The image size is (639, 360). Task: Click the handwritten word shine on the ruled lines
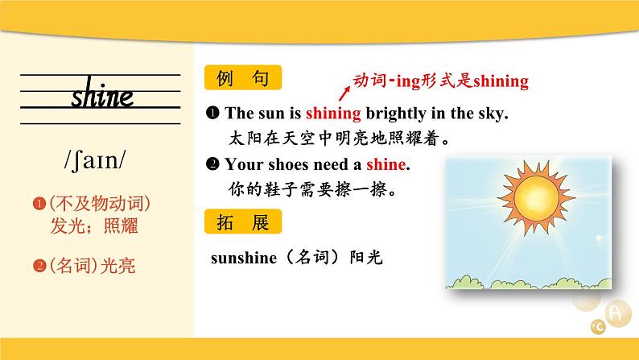pyautogui.click(x=102, y=93)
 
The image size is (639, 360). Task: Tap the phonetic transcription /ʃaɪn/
pyautogui.click(x=95, y=159)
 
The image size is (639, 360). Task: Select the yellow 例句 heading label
pyautogui.click(x=243, y=77)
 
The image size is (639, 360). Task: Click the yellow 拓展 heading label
pyautogui.click(x=243, y=221)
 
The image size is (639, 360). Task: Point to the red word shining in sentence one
pyautogui.click(x=333, y=114)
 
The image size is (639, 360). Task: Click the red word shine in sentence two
pyautogui.click(x=386, y=164)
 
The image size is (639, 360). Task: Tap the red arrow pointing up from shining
pyautogui.click(x=344, y=93)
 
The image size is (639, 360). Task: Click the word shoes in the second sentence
pyautogui.click(x=289, y=164)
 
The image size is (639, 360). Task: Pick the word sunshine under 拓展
pyautogui.click(x=244, y=258)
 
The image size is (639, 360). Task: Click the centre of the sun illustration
pyautogui.click(x=536, y=198)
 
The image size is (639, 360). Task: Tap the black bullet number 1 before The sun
pyautogui.click(x=212, y=113)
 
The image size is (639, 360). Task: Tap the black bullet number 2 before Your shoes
pyautogui.click(x=212, y=163)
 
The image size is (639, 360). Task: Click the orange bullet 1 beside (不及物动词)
pyautogui.click(x=39, y=204)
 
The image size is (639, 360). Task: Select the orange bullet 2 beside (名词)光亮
pyautogui.click(x=39, y=266)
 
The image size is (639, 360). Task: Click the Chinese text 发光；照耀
pyautogui.click(x=94, y=226)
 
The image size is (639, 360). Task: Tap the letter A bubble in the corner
pyautogui.click(x=618, y=313)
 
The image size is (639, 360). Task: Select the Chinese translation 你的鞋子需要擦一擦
pyautogui.click(x=312, y=189)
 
